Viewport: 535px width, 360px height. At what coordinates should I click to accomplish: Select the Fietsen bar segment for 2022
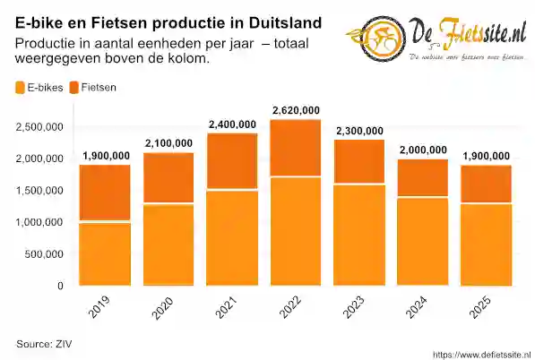(296, 148)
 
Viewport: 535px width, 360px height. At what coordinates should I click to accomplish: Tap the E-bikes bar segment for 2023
(359, 236)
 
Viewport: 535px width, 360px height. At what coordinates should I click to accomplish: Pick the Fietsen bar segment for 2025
(487, 184)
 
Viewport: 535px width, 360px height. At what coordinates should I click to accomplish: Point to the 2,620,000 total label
(296, 111)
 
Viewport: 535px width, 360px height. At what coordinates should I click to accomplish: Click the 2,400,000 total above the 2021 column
(232, 124)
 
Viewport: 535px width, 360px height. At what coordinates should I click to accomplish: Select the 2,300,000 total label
(359, 132)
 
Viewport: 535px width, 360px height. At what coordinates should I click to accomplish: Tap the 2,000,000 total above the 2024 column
(423, 150)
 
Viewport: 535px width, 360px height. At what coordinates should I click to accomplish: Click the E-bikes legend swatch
(21, 88)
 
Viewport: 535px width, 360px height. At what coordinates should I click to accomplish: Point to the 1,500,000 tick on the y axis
(39, 191)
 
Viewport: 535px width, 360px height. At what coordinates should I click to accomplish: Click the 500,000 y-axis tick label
(43, 254)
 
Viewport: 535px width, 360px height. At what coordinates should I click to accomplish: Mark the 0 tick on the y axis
(60, 287)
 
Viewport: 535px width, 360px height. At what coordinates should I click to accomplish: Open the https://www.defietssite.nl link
(480, 353)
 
